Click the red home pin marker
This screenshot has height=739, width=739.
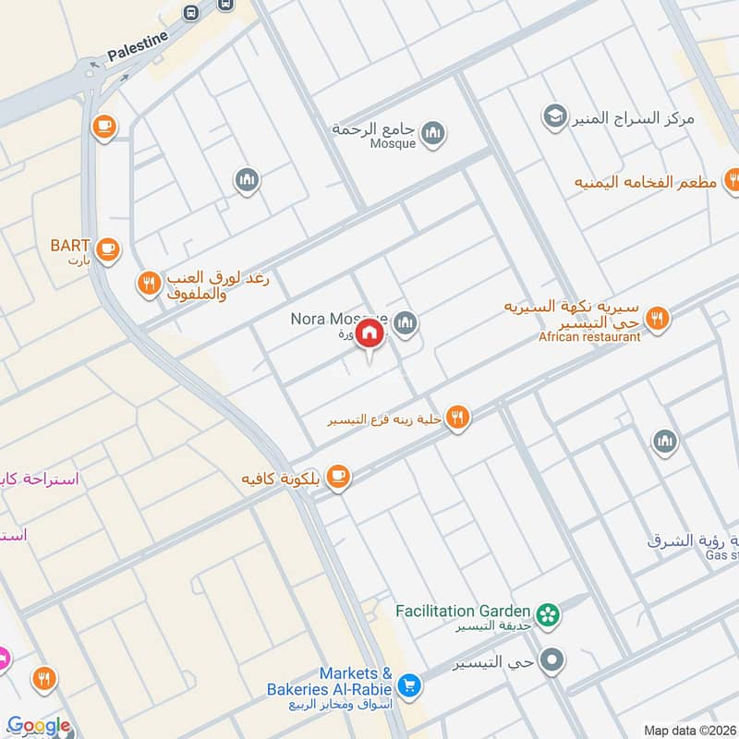click(369, 333)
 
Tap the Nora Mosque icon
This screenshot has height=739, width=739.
click(405, 323)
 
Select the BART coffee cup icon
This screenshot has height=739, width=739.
click(109, 248)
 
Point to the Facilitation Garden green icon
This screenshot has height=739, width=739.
click(549, 612)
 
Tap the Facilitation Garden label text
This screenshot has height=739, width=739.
click(463, 612)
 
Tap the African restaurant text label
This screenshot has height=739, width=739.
click(589, 337)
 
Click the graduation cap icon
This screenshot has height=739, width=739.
click(554, 116)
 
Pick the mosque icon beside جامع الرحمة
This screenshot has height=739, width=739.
click(432, 136)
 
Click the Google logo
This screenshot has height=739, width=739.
click(39, 726)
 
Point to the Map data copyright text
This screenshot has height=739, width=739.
click(688, 731)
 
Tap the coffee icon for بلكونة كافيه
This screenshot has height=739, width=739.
click(339, 477)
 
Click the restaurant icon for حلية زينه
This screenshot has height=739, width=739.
click(457, 418)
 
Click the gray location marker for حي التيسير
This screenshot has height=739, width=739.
click(552, 660)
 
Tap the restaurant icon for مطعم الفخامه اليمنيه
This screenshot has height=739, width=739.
click(733, 179)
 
